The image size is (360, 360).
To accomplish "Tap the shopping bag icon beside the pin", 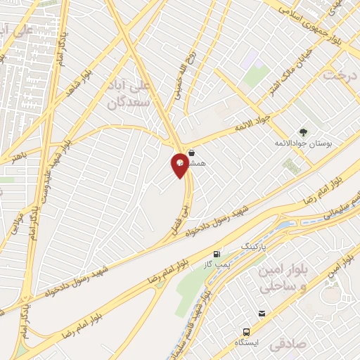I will (x=191, y=151).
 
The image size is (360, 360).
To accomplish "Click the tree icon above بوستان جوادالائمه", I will (x=303, y=131).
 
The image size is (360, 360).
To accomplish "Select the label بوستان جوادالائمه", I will (x=303, y=143).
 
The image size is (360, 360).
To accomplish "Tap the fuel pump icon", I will (x=217, y=254).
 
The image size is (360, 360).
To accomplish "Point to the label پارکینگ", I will (x=255, y=247).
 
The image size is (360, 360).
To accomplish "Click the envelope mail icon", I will (x=262, y=314).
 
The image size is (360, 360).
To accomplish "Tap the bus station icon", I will (x=247, y=331).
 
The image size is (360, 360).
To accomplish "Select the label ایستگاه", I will (x=247, y=342).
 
